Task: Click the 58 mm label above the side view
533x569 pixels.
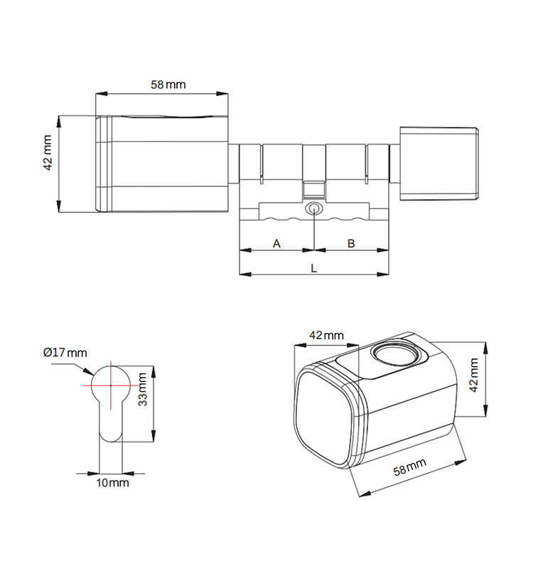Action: click(168, 85)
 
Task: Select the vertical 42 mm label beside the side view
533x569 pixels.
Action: click(48, 152)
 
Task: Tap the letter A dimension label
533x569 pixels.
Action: click(277, 243)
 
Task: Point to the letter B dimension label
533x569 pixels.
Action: click(351, 243)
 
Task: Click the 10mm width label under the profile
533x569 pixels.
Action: click(112, 483)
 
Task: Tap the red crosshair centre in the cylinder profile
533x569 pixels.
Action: click(112, 384)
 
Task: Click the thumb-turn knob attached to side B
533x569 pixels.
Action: click(438, 164)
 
